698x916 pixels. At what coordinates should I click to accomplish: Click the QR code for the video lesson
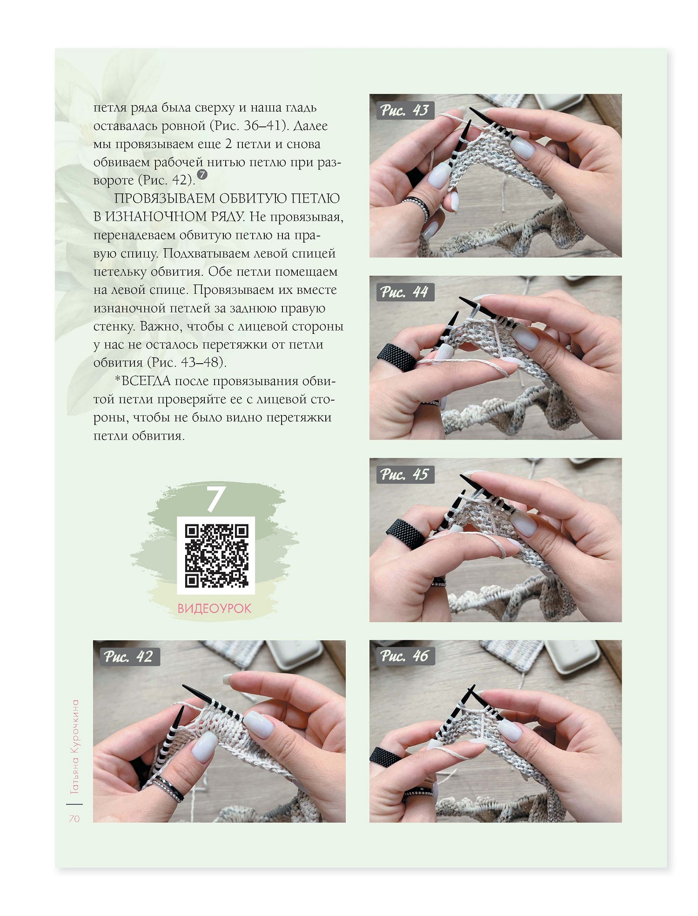click(216, 556)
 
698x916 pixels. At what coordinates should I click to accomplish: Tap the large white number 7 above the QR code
click(216, 499)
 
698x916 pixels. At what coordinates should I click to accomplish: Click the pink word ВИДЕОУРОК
click(215, 609)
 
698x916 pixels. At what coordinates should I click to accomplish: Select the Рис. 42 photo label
click(128, 657)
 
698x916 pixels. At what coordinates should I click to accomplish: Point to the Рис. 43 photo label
click(405, 110)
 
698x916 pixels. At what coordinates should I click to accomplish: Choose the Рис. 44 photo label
click(405, 292)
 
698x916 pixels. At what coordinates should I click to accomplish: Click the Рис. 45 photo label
click(405, 475)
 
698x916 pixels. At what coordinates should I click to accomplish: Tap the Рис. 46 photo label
click(405, 656)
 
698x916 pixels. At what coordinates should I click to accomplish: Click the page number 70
click(74, 819)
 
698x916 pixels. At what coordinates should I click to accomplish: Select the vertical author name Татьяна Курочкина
click(74, 747)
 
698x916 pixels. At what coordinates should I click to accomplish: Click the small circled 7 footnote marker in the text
click(202, 175)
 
